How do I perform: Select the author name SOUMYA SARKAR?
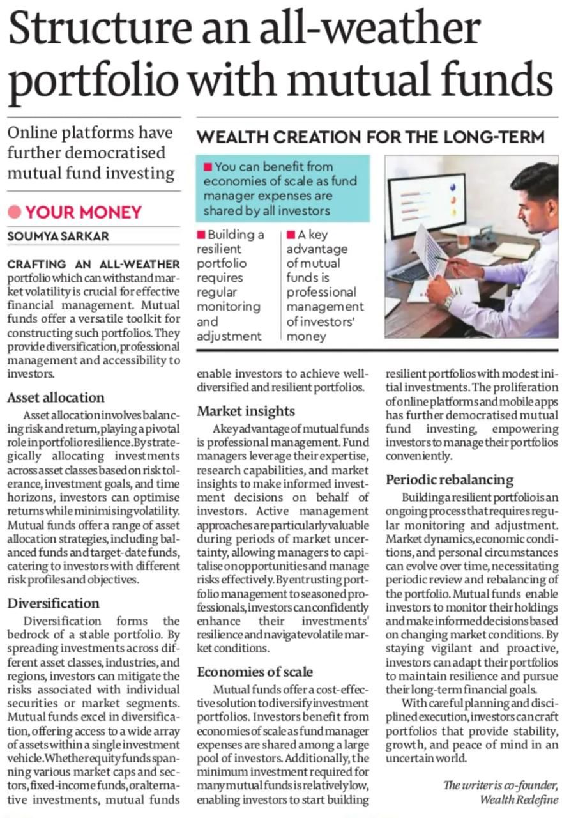tap(58, 236)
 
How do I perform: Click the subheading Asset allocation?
tap(56, 397)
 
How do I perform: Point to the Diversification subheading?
tap(53, 604)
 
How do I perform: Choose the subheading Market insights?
tap(246, 411)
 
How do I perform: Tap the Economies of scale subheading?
tap(255, 672)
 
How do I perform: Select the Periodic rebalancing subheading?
tap(450, 479)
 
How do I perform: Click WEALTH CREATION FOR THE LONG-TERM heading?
tap(370, 137)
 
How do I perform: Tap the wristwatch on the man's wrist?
tap(449, 299)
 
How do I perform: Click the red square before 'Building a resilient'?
tap(202, 235)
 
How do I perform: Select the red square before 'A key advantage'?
tap(291, 235)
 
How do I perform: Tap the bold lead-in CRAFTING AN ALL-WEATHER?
tap(93, 265)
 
